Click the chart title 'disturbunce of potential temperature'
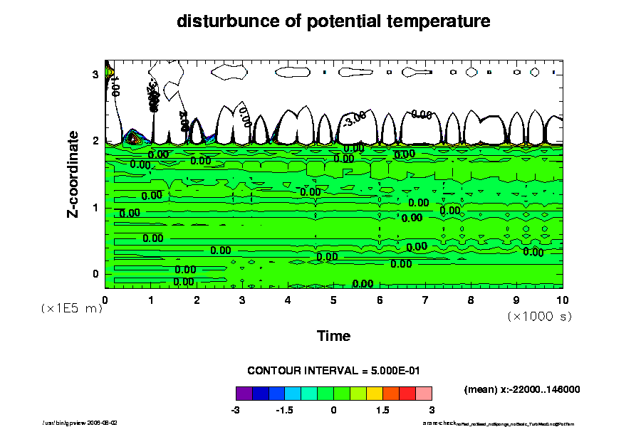pos(333,21)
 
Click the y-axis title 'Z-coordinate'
pos(73,174)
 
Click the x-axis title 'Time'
pos(333,336)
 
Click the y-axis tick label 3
pos(95,74)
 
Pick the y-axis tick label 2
pos(95,141)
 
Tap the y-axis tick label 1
pos(95,208)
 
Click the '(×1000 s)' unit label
pos(539,315)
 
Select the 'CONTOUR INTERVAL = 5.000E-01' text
pos(333,371)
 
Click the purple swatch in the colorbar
pos(244,393)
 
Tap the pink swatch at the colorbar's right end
pos(424,393)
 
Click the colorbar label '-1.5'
pos(284,411)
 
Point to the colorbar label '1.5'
pos(382,411)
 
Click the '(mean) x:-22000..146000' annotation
pos(521,389)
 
